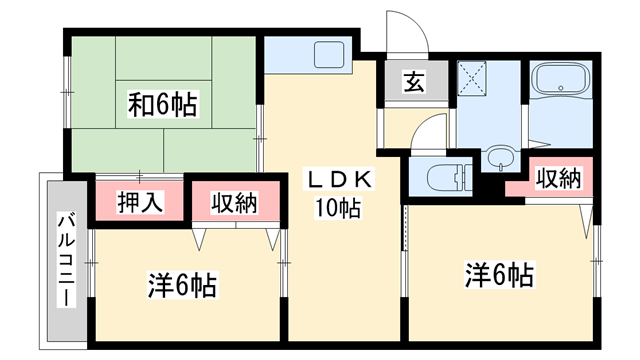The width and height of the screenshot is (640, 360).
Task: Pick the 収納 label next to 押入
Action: (x=233, y=202)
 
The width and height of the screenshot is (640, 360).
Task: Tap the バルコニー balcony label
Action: (x=65, y=260)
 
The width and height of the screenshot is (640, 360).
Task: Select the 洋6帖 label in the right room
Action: (x=497, y=272)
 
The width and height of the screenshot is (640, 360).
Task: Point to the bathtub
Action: (x=559, y=80)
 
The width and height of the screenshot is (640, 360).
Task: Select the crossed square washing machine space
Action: (x=473, y=78)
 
